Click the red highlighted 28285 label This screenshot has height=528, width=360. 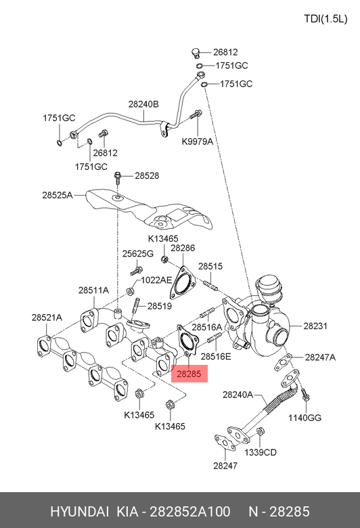[x=189, y=374]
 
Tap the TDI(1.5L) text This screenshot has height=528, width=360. [x=325, y=19]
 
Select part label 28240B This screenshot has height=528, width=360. [x=143, y=104]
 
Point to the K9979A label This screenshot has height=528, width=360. [x=198, y=141]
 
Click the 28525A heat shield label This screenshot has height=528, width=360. [x=58, y=195]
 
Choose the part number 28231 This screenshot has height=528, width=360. [x=315, y=326]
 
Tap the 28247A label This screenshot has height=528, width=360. [x=320, y=357]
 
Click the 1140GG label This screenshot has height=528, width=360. [x=305, y=418]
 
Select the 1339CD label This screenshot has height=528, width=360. [x=261, y=452]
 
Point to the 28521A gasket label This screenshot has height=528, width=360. [x=47, y=317]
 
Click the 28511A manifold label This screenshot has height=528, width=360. [x=93, y=290]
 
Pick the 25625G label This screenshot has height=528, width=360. [x=138, y=254]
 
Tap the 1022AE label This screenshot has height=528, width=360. [x=156, y=280]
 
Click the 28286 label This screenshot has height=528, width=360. [x=183, y=248]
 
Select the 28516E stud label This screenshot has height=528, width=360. [x=216, y=356]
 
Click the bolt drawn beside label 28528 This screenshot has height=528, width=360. [x=118, y=177]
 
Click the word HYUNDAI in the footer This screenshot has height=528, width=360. [x=79, y=512]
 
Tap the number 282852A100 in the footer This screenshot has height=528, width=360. [x=190, y=512]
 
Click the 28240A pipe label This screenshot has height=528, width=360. [x=238, y=395]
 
